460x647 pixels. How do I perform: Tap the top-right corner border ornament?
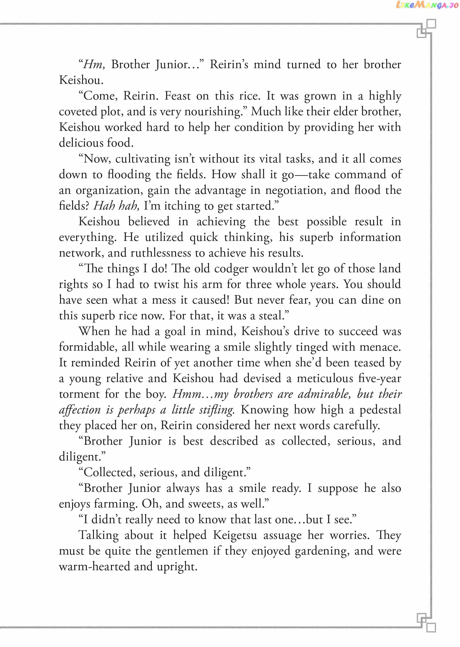426,28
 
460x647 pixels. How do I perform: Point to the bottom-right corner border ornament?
426,622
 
